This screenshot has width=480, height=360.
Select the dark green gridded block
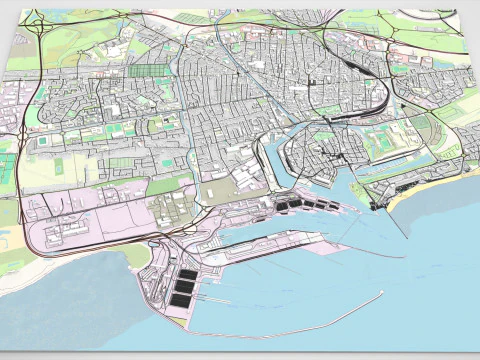(147, 72)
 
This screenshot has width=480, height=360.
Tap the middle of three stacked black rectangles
(183, 286)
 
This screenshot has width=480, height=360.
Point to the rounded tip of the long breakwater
(381, 294)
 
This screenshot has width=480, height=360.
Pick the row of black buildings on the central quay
(309, 204)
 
